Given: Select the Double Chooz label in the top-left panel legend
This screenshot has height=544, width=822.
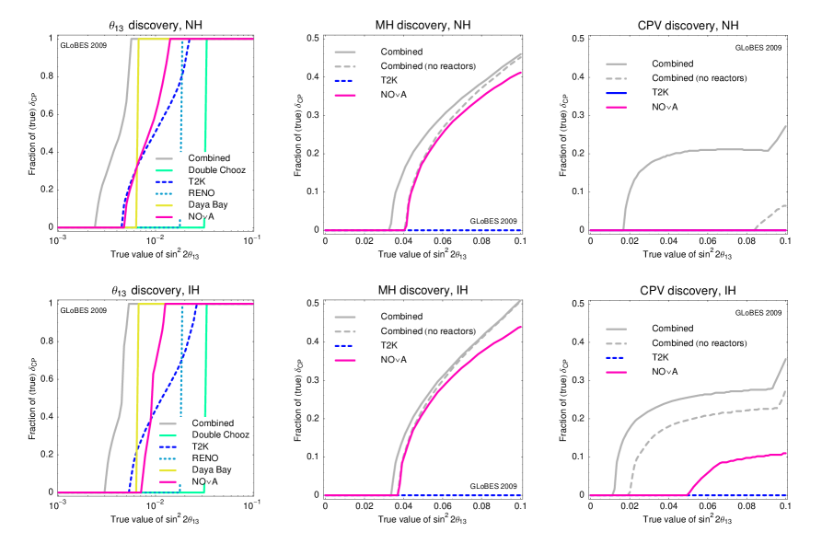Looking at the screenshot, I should click(217, 170).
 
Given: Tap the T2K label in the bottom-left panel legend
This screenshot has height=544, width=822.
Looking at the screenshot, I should click(202, 446).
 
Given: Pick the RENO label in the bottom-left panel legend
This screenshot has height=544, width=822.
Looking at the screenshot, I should click(205, 457).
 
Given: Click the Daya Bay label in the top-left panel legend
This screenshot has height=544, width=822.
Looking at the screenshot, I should click(208, 205).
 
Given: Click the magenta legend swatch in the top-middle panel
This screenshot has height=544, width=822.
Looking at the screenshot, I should click(345, 95).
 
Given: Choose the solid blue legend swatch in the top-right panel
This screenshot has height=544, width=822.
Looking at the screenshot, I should click(617, 94).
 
